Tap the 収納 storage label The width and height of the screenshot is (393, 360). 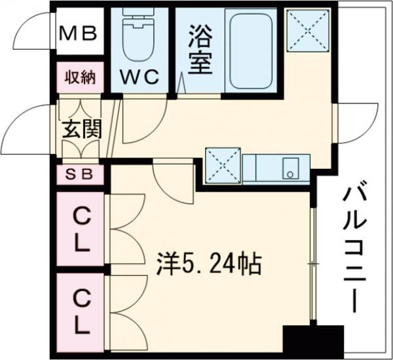pyautogui.click(x=80, y=79)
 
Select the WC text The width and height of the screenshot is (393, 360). pyautogui.click(x=140, y=77)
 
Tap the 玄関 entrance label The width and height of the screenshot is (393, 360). pyautogui.click(x=81, y=128)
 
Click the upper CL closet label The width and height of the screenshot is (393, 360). pyautogui.click(x=81, y=230)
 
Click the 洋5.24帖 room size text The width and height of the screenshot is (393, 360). pyautogui.click(x=208, y=266)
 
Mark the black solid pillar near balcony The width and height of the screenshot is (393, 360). pyautogui.click(x=313, y=340)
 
